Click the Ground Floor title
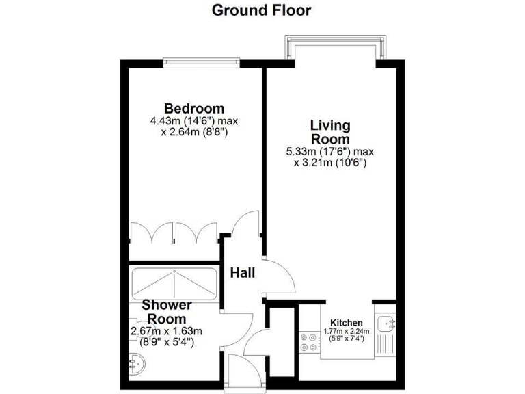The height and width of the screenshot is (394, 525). tap(261, 10)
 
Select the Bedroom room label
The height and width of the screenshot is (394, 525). tap(194, 108)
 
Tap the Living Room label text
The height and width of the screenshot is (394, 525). tap(330, 132)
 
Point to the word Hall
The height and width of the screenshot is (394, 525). tap(242, 273)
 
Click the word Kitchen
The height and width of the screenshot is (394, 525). tap(347, 323)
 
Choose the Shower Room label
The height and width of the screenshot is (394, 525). tap(167, 312)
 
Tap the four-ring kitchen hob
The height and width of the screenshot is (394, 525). tap(309, 342)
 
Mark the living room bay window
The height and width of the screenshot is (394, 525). tap(334, 48)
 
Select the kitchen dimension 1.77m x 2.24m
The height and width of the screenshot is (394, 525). tap(347, 331)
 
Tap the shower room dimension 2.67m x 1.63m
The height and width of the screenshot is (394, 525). tap(167, 332)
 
